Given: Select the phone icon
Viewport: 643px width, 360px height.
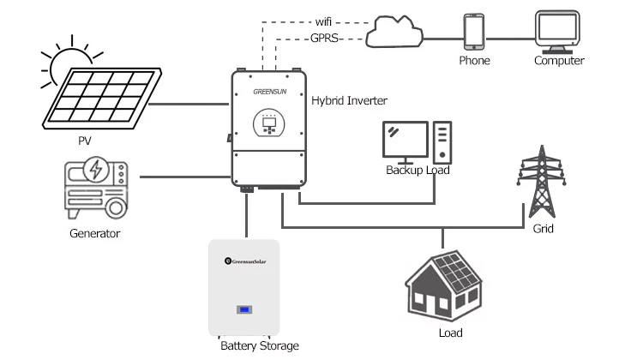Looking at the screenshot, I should pos(474,32).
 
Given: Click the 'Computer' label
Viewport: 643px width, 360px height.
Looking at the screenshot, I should pos(559,61).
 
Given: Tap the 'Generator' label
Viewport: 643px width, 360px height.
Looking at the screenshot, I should pos(94,233).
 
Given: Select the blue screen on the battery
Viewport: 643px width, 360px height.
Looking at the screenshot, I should pos(244,309).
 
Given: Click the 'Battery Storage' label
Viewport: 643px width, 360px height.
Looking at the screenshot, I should pos(259,345).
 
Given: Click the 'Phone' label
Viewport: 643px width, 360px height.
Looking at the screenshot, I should pos(474,61).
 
